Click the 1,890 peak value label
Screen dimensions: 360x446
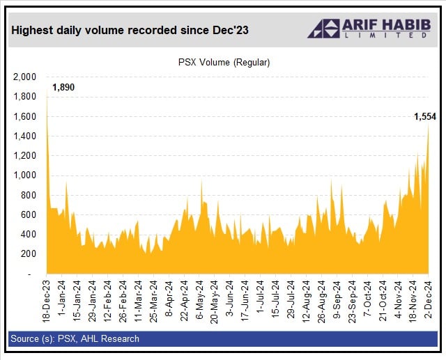click(63, 87)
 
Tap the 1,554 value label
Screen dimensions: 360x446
click(424, 116)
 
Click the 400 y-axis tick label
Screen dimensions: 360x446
click(28, 234)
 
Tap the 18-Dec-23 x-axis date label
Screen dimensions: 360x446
click(47, 302)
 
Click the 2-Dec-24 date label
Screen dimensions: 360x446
click(429, 300)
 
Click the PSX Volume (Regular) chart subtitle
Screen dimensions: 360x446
click(223, 62)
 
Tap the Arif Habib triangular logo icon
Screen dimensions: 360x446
click(323, 29)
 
